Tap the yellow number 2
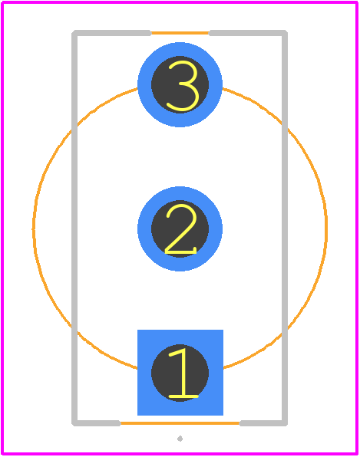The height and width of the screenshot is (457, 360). [x=181, y=228]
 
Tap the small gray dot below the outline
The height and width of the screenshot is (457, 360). [x=180, y=439]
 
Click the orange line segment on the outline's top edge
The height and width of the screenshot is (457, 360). [x=180, y=33]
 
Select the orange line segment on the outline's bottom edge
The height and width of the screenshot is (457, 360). [x=180, y=423]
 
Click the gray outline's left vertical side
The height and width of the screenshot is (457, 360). [x=74, y=228]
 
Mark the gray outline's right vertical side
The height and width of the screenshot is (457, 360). [x=285, y=228]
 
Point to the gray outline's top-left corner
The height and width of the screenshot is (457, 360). [x=74, y=33]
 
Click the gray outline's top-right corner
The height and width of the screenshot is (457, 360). [x=285, y=33]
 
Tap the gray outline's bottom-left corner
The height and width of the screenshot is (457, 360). [x=74, y=423]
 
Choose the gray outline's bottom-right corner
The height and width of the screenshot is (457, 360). [x=285, y=423]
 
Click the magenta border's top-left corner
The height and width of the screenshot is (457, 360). [x=2, y=2]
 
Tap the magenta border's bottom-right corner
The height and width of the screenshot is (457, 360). [x=357, y=454]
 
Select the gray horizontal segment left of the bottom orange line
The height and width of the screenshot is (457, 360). [x=96, y=423]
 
